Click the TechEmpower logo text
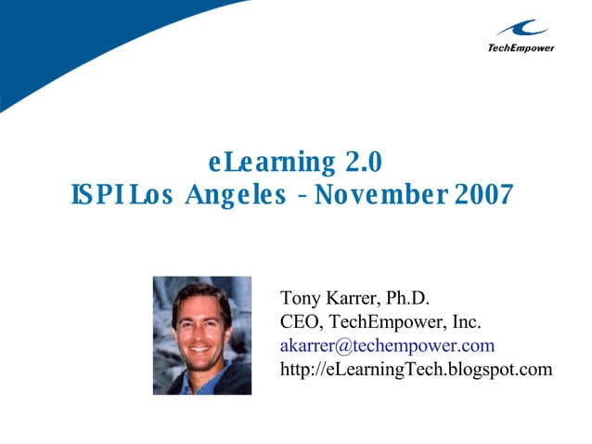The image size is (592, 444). [521, 47]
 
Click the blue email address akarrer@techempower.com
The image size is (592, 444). [387, 346]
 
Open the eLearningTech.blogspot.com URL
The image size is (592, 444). [416, 370]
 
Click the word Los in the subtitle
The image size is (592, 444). [150, 195]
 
